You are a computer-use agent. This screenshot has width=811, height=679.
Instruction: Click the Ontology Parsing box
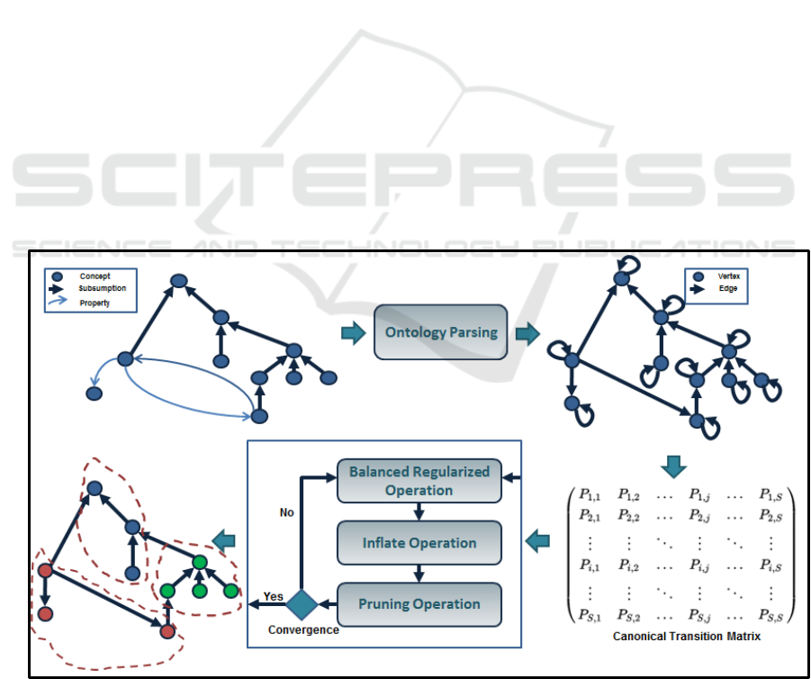[441, 332]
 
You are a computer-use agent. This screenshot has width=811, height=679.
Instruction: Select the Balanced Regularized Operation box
[419, 481]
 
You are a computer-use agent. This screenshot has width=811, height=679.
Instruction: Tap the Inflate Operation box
[419, 543]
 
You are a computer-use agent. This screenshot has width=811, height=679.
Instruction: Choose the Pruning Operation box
[419, 603]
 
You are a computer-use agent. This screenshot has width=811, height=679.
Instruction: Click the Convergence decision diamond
[303, 602]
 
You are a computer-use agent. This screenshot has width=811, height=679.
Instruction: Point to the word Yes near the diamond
[274, 596]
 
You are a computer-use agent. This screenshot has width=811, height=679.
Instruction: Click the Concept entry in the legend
[95, 275]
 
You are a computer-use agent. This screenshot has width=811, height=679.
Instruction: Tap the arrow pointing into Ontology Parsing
[353, 333]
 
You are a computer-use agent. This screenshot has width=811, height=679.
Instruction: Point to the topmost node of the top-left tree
[178, 282]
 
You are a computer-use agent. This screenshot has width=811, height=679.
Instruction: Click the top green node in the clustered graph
[199, 563]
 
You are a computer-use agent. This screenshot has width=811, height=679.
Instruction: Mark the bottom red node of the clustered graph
[167, 632]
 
